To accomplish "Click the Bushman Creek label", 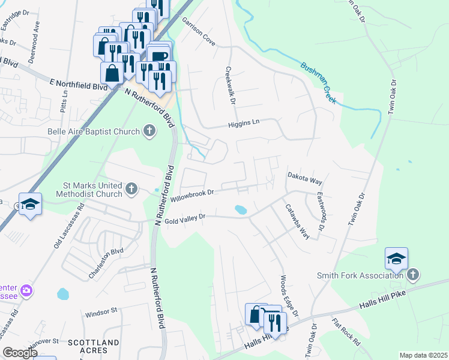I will coord(318,83).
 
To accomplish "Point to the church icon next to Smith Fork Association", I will coord(412,275).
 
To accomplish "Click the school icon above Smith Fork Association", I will coord(396,259).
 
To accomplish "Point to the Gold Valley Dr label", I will coord(185,217).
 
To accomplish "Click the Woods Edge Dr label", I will coord(288,296).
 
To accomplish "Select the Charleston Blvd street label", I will coord(106,263).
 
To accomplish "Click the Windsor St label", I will coord(100,312).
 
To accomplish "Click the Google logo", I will coord(19,353).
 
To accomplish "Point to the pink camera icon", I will coord(26,291).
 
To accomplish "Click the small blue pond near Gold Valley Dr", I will coord(241,210).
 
